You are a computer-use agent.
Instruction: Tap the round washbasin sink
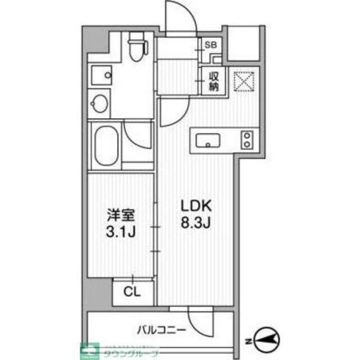100,103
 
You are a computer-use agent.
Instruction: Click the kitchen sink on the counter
209,140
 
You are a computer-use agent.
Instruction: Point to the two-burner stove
246,140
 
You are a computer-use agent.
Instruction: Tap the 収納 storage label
214,82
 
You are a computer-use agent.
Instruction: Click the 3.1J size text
120,232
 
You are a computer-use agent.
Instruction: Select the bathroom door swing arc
138,135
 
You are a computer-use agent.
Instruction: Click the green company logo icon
89,350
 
